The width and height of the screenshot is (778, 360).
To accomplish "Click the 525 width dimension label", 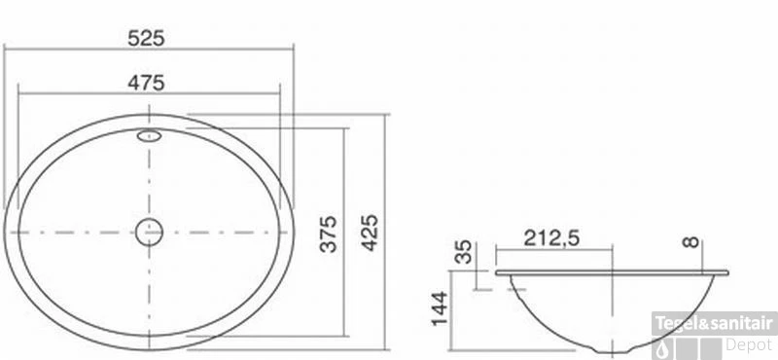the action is [146, 38].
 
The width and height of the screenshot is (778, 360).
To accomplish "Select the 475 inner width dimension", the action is [146, 83].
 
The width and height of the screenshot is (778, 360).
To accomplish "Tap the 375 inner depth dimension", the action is [329, 234].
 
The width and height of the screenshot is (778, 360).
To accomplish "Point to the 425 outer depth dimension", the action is [370, 233].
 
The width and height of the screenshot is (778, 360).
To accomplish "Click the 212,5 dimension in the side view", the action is [551, 238].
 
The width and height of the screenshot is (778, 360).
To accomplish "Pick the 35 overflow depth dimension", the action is [464, 252].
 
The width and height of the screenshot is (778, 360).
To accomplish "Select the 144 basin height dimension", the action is [441, 308].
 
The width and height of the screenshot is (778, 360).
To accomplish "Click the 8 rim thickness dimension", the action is [690, 242].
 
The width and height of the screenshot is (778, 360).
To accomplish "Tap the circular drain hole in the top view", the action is [150, 232].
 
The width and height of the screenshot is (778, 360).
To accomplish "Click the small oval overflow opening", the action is [149, 135].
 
